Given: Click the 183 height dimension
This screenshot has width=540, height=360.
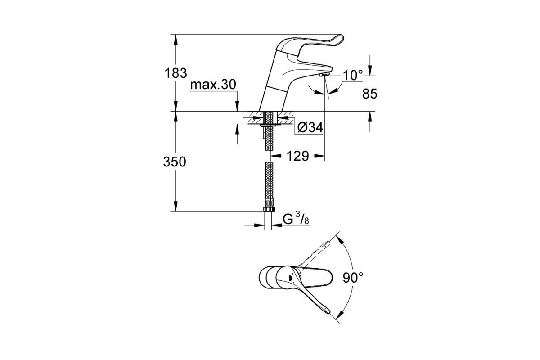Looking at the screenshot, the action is click(176, 73).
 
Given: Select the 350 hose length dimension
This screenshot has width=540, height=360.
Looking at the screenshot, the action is click(175, 162).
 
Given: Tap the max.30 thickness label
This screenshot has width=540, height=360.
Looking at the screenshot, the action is click(213, 85).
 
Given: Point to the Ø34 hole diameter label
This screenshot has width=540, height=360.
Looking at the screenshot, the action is click(310, 127).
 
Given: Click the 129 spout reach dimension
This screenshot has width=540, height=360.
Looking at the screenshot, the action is click(298, 156).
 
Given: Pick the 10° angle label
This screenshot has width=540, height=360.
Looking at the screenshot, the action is click(353, 75).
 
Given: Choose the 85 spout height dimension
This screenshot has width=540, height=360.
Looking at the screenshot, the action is click(369, 94).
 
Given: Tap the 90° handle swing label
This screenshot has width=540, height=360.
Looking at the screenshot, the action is click(353, 278).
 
